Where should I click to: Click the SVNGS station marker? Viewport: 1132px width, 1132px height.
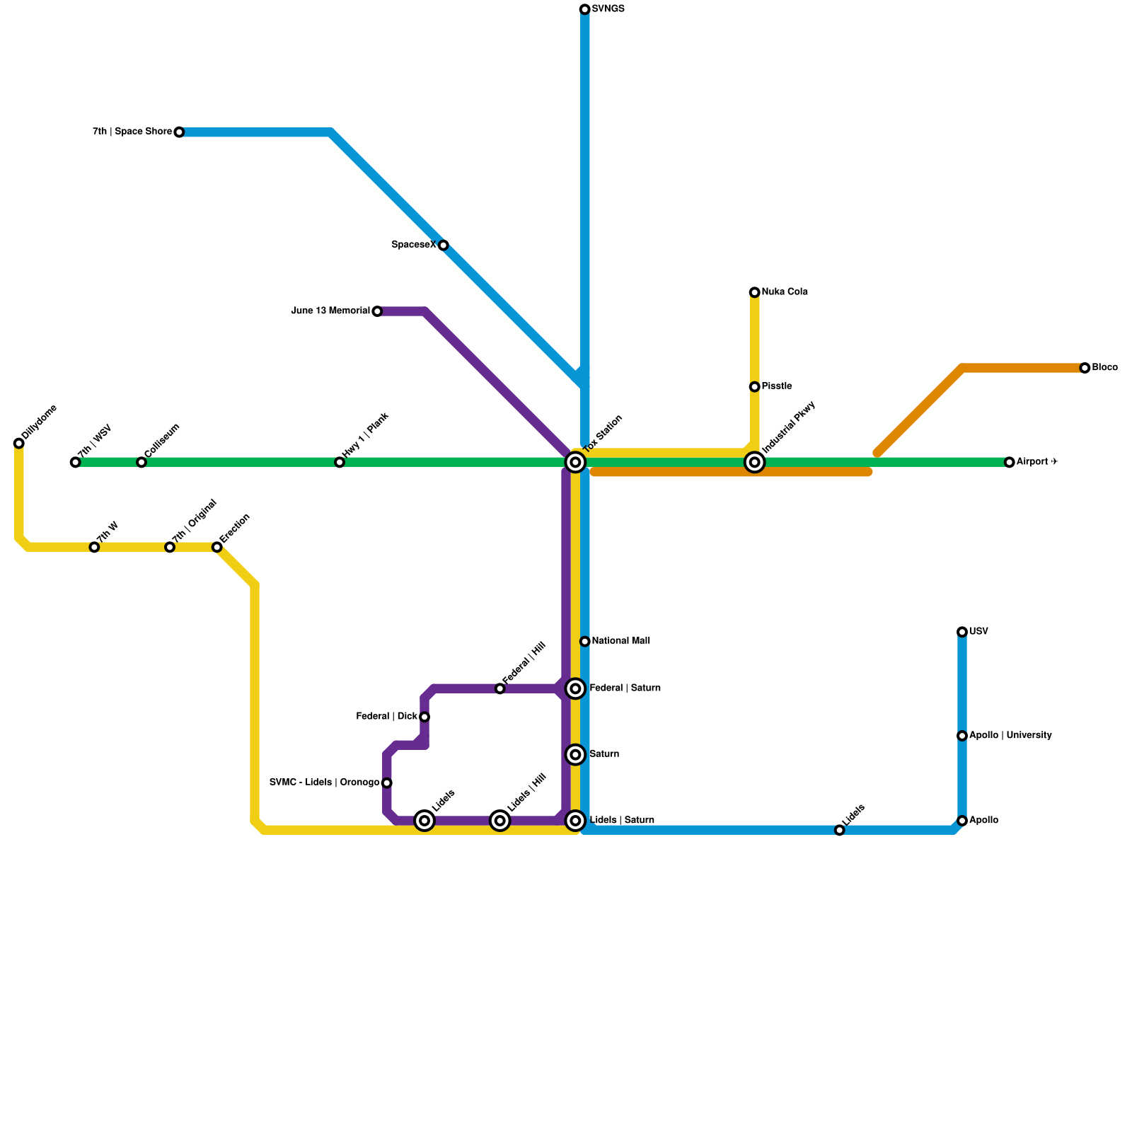pos(584,9)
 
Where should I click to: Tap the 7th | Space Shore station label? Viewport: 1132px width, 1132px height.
pos(132,132)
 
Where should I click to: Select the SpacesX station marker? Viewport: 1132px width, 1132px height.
pos(443,246)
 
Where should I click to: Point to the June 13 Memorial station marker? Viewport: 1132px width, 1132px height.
pos(377,311)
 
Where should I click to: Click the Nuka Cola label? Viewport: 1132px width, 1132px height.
pos(785,292)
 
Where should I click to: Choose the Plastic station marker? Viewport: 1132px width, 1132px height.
pos(755,387)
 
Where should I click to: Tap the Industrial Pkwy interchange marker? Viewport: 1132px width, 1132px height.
pos(755,463)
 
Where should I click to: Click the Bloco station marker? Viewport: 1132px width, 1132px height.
pos(1085,368)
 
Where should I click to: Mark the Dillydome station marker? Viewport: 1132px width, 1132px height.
pos(18,444)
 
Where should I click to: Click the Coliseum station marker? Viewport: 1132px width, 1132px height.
pos(141,463)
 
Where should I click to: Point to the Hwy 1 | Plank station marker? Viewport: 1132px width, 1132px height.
pos(340,463)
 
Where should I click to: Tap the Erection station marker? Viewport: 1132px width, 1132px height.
pos(217,548)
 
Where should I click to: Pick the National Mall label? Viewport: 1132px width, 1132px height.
pos(620,641)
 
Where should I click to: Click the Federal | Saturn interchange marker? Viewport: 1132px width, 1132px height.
pos(576,688)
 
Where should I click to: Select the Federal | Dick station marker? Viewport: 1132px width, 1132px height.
pos(424,717)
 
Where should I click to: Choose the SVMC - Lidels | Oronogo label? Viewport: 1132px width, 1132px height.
pos(325,782)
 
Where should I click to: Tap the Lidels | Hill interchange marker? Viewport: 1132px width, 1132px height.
pos(500,821)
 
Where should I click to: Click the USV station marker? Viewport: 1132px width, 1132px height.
pos(962,632)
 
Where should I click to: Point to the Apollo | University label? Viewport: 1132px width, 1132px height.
pos(1010,736)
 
